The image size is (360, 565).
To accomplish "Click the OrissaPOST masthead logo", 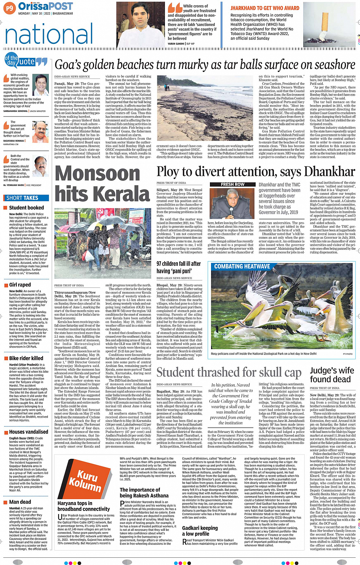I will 45,6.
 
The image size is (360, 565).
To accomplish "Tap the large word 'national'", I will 49,35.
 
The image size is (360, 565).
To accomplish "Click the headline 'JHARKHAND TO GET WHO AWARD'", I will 265,8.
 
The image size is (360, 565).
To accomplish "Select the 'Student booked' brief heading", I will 26,208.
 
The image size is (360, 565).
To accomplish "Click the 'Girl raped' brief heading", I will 20,285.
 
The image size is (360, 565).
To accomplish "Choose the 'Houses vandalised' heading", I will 29,432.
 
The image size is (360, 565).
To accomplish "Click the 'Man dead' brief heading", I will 20,502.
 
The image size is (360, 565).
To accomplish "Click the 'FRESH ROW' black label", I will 233,184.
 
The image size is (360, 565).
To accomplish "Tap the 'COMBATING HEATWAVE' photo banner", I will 242,267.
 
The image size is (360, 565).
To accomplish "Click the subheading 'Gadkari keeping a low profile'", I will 200,531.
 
